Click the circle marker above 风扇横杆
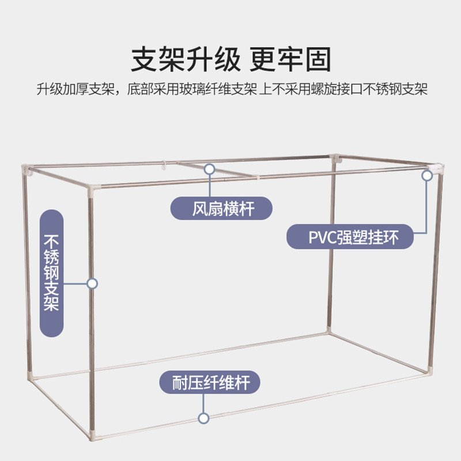(210, 169)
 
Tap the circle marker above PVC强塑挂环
(427, 175)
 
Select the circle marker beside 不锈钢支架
(92, 284)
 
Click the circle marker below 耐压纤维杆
(203, 418)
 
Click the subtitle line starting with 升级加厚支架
(231, 90)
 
